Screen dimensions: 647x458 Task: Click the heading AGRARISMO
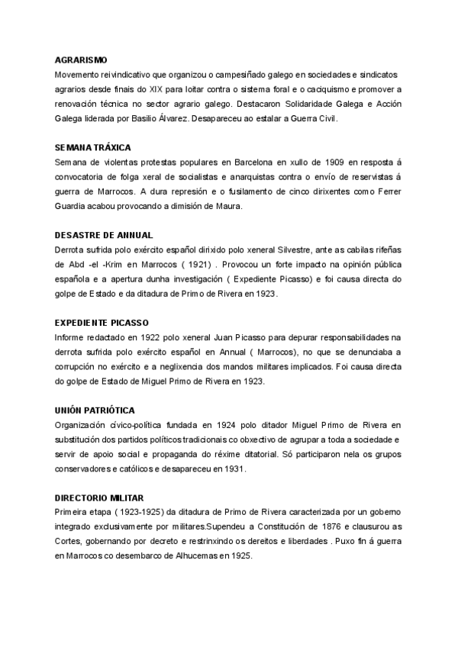[x=82, y=60]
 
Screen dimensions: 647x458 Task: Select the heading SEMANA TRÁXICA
[x=93, y=146]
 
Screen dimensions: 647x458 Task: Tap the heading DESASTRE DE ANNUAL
[x=103, y=234]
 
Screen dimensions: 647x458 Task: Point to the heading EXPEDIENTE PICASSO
[x=102, y=322]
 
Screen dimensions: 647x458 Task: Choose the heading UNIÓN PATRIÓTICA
[x=95, y=410]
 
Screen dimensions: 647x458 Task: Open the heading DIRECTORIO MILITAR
[x=99, y=497]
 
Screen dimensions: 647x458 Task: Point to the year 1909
[x=336, y=162]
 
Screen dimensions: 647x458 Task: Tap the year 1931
[x=229, y=468]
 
